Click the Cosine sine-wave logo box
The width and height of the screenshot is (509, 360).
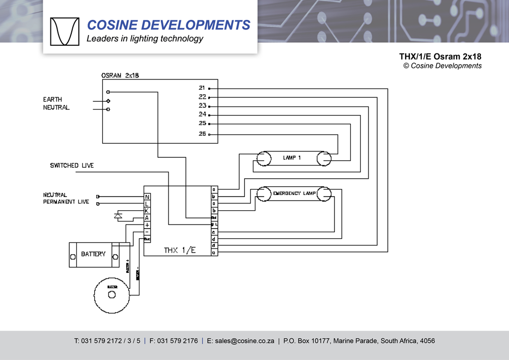click(65, 31)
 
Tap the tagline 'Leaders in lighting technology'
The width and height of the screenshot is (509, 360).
click(145, 39)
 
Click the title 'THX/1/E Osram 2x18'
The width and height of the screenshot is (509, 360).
click(440, 57)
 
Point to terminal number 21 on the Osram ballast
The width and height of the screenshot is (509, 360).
click(202, 88)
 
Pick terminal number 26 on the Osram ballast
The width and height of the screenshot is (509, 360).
click(202, 134)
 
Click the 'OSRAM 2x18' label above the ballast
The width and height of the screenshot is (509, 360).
click(120, 75)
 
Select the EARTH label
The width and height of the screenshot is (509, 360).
click(52, 99)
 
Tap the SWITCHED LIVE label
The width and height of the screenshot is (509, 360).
click(72, 165)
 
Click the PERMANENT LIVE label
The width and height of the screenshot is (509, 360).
click(66, 202)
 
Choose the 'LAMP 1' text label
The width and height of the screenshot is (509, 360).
click(292, 158)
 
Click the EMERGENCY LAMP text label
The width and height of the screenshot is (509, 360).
click(295, 193)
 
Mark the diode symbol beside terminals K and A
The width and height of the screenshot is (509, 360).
click(119, 216)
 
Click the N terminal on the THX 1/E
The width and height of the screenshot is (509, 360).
click(147, 197)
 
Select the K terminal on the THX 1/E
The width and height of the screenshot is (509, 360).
click(147, 211)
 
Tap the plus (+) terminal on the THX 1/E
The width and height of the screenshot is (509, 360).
click(147, 225)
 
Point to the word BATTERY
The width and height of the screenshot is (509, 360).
click(93, 254)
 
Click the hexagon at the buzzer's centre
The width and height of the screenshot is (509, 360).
click(112, 294)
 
